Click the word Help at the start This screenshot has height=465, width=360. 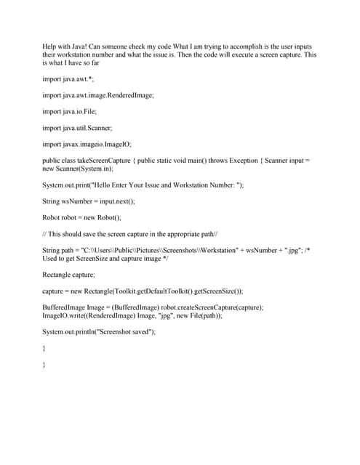tap(49, 46)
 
